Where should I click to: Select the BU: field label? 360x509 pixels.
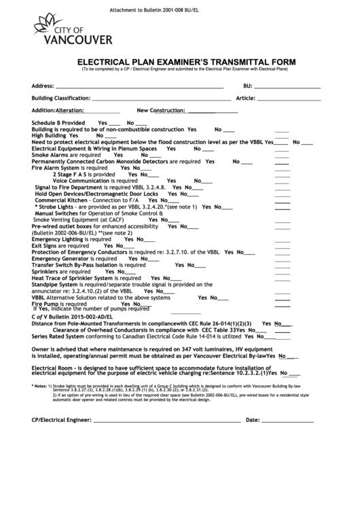click(x=248, y=86)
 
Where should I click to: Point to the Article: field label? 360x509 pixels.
click(x=245, y=99)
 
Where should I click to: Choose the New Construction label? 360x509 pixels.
click(x=161, y=110)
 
